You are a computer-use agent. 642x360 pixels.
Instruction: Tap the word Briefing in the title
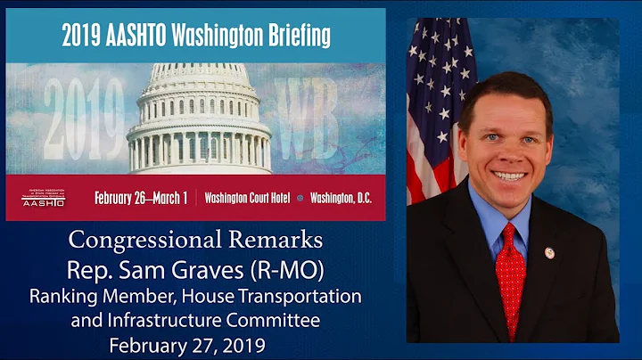click(293, 37)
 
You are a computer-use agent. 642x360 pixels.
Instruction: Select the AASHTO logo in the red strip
click(43, 198)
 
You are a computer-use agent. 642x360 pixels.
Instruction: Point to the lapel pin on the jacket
click(549, 252)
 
